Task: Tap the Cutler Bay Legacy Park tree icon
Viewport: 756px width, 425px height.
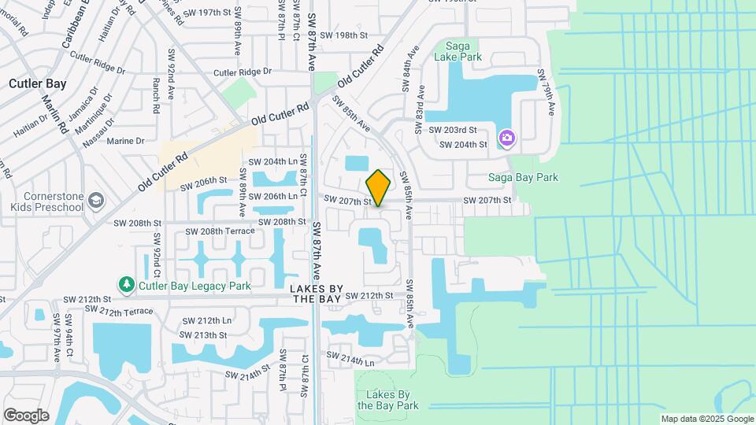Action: tap(125, 283)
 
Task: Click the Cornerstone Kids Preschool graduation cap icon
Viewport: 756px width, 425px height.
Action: tap(96, 199)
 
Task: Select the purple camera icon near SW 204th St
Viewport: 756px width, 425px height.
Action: tap(506, 139)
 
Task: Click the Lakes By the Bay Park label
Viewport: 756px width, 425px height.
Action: tap(386, 400)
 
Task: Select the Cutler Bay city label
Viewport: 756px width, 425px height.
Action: tap(37, 83)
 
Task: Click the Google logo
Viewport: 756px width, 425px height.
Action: tap(26, 415)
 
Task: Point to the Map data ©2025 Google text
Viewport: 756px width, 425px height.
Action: tap(706, 419)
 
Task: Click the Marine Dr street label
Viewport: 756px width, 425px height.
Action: tap(125, 141)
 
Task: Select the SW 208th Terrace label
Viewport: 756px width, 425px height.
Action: tap(220, 231)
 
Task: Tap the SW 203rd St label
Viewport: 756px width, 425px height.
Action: tap(452, 129)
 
